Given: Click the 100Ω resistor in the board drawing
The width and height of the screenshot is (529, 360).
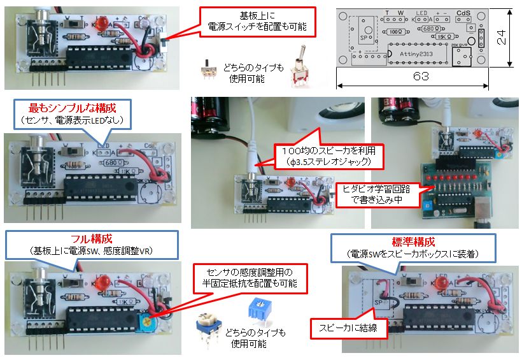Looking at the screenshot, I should pos(396,31).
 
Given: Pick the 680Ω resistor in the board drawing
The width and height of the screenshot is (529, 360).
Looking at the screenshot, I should pos(430,29).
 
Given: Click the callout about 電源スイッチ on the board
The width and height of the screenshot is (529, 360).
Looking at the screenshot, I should pos(257,22).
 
